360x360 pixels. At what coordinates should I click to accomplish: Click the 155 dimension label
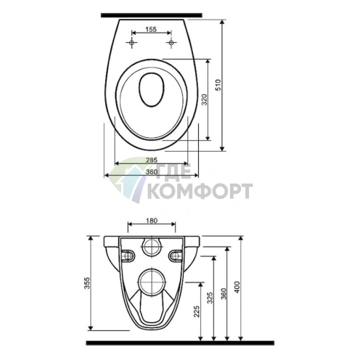tap(151, 29)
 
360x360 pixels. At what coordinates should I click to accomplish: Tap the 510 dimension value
tap(218, 85)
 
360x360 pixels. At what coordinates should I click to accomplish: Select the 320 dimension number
tap(205, 99)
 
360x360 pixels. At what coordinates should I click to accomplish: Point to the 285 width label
tap(152, 160)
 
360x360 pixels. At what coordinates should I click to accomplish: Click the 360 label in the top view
tap(152, 172)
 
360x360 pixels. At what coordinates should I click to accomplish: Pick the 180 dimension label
tap(152, 221)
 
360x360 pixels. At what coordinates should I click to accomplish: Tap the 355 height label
tap(87, 283)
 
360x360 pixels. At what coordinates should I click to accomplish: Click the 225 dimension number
tap(197, 311)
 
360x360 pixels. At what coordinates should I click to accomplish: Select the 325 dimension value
tap(210, 298)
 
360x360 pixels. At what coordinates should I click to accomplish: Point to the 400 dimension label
tap(237, 287)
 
